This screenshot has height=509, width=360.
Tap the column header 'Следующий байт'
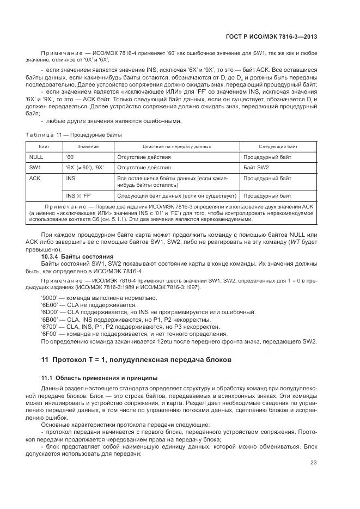277,146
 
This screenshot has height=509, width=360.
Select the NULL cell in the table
36,157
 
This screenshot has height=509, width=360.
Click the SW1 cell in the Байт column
35,168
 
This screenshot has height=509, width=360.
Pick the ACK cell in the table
35,178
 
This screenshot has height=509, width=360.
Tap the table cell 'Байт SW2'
256,168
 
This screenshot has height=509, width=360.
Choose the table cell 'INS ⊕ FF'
80,195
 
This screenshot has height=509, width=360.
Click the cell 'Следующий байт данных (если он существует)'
176,195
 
